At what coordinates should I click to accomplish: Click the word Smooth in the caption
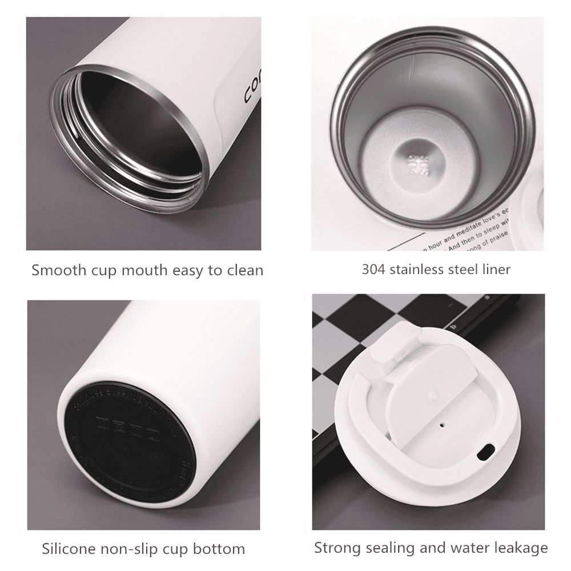coord(58,270)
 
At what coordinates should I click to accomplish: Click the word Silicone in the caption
coord(70,549)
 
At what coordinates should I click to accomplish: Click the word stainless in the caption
coord(418,269)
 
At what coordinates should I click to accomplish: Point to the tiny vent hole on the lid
coord(442,424)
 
